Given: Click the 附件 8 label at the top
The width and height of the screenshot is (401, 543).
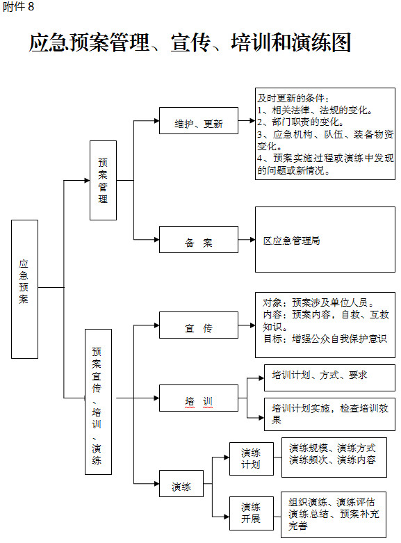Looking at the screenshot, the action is click(18, 6).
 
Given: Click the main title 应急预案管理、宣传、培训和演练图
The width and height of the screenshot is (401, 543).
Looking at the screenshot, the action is click(190, 42).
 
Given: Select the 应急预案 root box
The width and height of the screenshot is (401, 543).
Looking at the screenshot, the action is click(24, 289).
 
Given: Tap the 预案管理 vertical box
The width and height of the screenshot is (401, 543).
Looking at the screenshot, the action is click(103, 180).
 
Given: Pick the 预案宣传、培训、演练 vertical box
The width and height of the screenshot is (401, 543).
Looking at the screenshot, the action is click(99, 401).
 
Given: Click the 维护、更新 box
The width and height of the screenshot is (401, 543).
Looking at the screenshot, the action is click(199, 120).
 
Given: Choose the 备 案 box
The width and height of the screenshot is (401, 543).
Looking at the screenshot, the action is click(199, 239).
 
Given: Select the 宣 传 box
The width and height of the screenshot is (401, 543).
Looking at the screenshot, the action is click(199, 325).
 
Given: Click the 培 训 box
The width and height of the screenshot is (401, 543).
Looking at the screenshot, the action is click(199, 398).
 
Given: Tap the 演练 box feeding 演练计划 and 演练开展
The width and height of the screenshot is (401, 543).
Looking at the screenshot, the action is click(181, 483).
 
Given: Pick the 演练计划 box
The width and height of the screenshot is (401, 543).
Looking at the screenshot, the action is click(252, 458).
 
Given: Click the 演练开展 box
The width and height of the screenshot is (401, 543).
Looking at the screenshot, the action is click(252, 513).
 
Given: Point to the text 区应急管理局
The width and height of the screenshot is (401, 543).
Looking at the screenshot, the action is click(292, 241).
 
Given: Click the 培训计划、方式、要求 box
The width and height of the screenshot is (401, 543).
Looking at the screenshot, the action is click(329, 378).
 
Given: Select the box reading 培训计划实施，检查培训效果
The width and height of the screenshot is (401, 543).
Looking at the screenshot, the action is click(329, 414).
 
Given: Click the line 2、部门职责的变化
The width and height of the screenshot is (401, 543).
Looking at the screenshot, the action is click(301, 122).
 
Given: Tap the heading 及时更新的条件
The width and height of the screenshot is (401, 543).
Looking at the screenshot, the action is click(293, 98).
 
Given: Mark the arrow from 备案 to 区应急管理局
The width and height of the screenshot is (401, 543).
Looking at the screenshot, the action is click(247, 240).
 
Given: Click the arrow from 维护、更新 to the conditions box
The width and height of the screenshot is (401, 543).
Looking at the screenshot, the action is click(247, 120).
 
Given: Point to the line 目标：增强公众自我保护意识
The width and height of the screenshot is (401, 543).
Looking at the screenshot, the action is click(325, 339).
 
